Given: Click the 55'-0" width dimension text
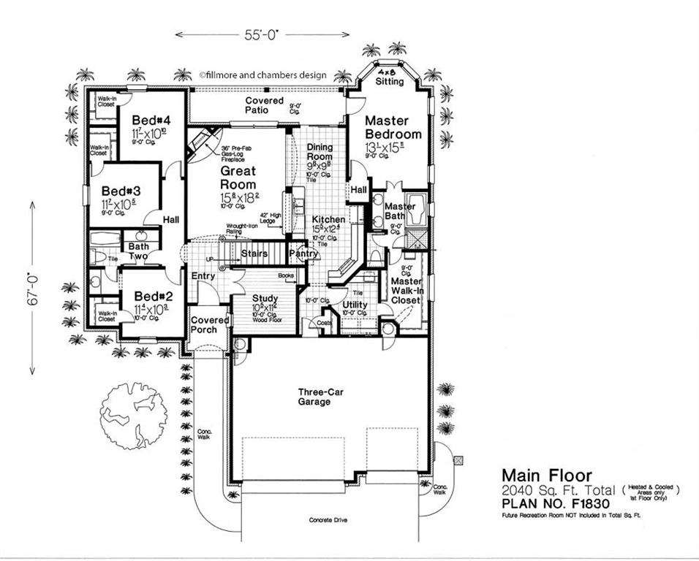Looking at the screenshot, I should (x=261, y=34).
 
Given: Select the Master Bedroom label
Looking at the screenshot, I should (x=393, y=127).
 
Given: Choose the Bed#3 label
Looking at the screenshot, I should (x=121, y=191).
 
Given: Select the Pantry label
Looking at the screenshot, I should (x=303, y=253).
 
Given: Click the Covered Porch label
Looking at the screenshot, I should (x=210, y=325).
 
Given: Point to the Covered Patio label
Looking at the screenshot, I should (x=265, y=105).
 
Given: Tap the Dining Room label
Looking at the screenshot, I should (x=320, y=152).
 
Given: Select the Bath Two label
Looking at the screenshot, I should (x=139, y=251).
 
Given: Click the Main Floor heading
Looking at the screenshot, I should (x=546, y=476).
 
